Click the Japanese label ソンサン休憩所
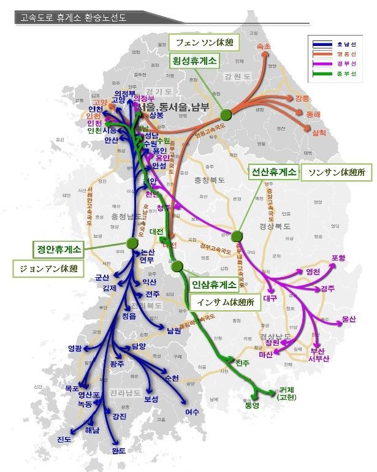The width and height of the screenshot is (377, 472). [x=337, y=173]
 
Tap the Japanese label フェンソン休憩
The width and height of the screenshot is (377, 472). [x=200, y=43]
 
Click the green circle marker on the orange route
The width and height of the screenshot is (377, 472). [x=226, y=113]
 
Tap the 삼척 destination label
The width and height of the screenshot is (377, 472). [x=319, y=132]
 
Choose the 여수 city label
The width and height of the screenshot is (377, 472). [x=192, y=411]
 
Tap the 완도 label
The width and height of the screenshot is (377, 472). [x=119, y=451]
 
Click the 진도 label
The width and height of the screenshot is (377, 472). [x=64, y=439]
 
